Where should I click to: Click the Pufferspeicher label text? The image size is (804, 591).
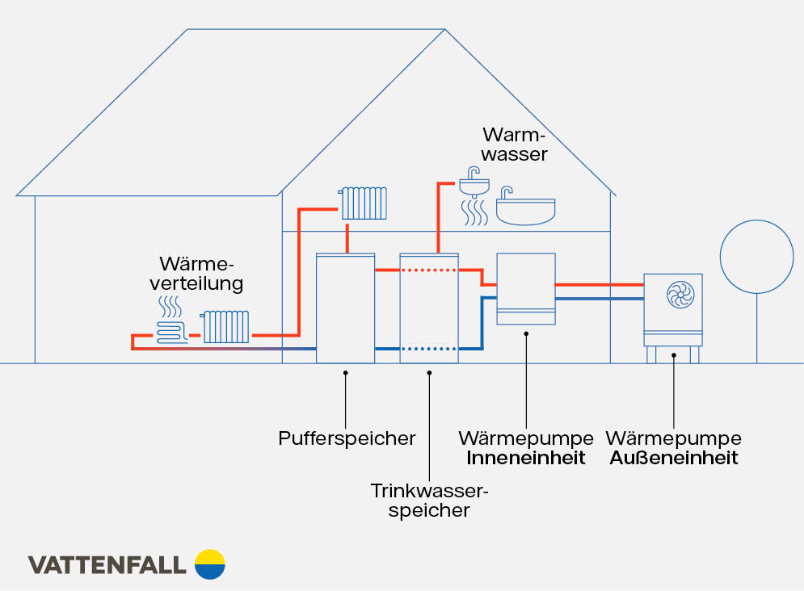(347, 438)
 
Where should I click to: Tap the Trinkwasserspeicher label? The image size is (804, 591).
(430, 500)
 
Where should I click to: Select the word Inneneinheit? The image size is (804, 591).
(526, 459)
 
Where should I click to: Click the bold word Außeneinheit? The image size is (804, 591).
(673, 459)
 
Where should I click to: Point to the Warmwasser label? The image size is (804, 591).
(515, 143)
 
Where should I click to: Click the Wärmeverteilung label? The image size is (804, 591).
(201, 274)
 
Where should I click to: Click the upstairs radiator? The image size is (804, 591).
(364, 203)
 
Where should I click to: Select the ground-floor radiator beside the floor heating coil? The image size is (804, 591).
(225, 327)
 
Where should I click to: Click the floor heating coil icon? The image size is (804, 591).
(171, 331)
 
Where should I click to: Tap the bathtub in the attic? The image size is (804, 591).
(525, 212)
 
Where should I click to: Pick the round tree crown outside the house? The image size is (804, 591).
(757, 257)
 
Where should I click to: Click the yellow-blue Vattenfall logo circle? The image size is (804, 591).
(210, 564)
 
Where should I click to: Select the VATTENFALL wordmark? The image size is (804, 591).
(107, 564)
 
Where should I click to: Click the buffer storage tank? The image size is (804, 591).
(345, 308)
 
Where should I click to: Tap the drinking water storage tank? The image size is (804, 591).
(429, 308)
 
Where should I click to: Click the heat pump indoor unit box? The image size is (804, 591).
(525, 288)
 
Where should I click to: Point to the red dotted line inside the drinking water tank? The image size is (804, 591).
(429, 270)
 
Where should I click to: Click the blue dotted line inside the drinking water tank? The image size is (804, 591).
(429, 350)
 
